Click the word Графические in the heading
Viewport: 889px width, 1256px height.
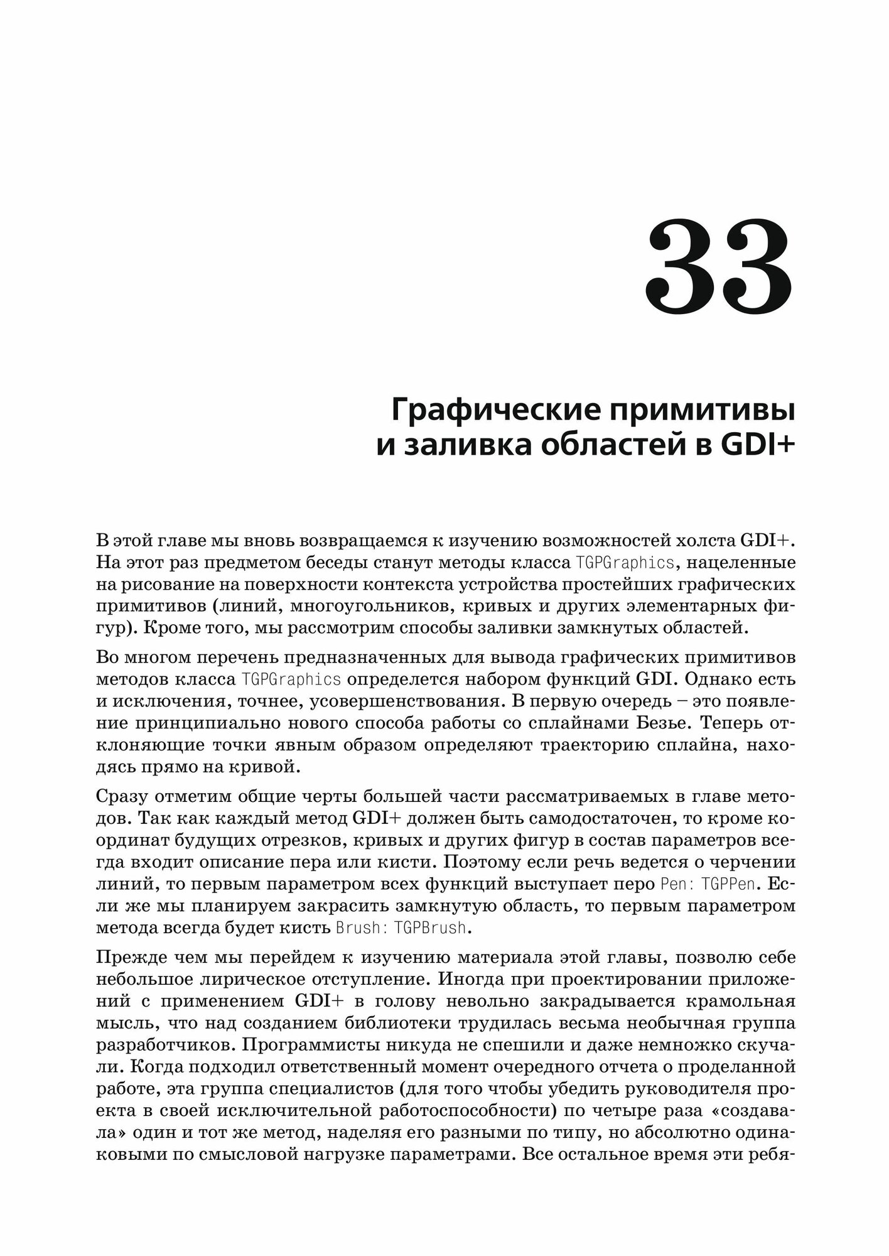[492, 411]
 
